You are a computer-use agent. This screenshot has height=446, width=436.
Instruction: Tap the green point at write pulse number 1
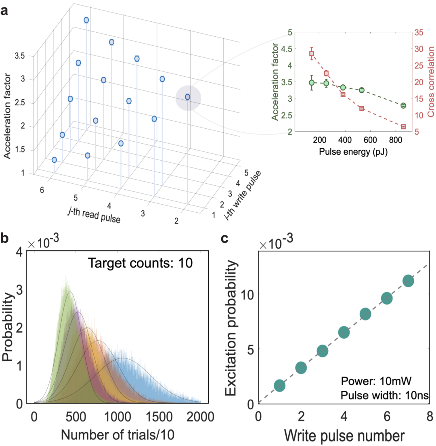(x=279, y=386)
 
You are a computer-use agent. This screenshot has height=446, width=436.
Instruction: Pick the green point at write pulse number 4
(x=344, y=333)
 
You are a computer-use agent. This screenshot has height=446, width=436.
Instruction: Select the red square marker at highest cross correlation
(x=312, y=54)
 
